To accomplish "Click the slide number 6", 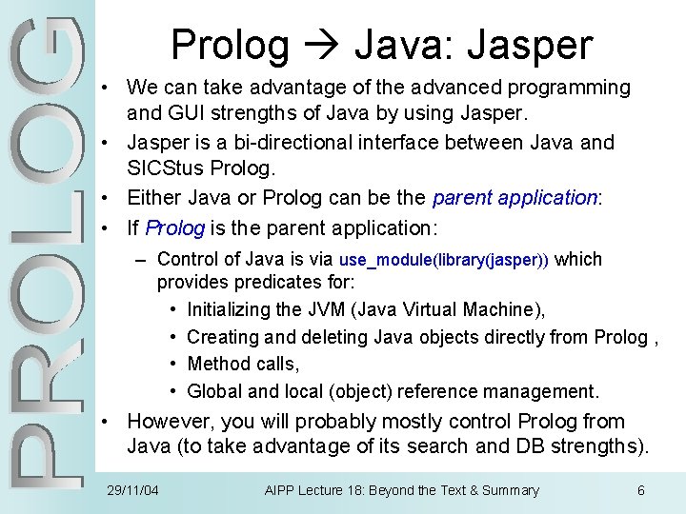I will (640, 490).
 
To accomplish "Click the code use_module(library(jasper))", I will (443, 260).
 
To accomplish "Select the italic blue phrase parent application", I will (514, 198).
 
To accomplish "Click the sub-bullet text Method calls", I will (243, 364).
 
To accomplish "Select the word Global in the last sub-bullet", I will (214, 391).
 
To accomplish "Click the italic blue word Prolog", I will (175, 228).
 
